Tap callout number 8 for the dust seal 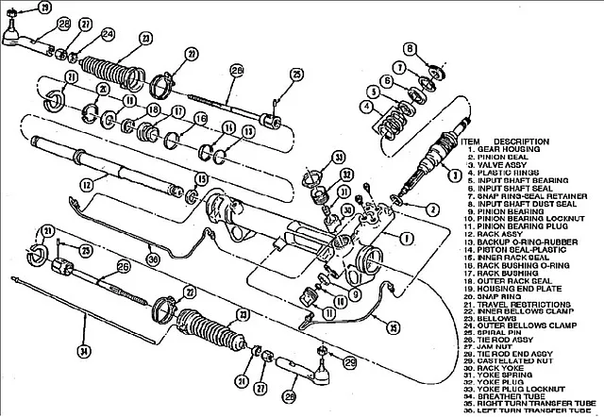tap(410, 48)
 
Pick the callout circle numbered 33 tap(339, 157)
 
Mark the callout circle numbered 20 tap(102, 88)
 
